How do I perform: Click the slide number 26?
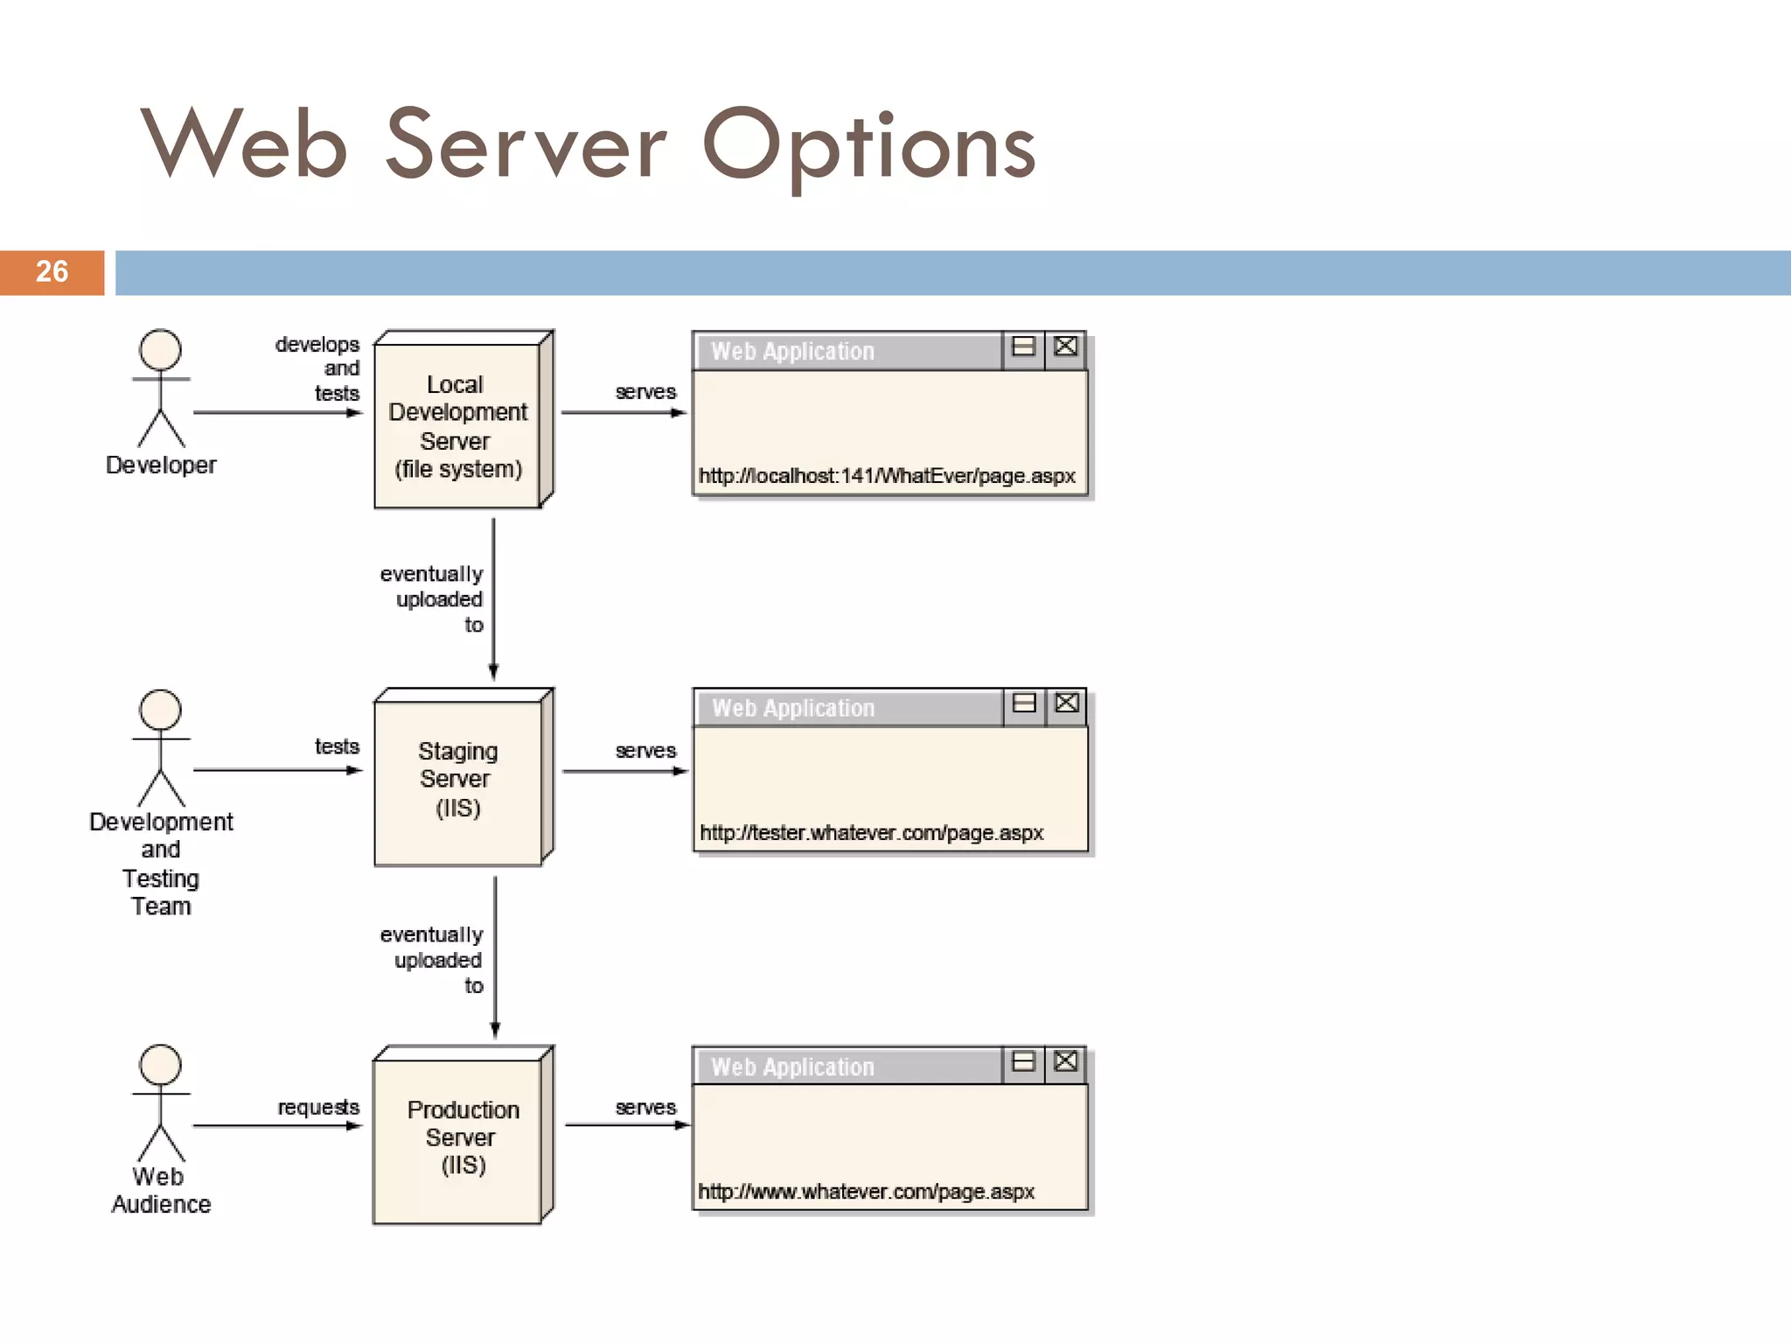tap(52, 271)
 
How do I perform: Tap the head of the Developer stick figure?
tap(161, 350)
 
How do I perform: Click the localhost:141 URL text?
tap(886, 476)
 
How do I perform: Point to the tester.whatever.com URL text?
tap(871, 833)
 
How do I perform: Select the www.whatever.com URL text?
tap(866, 1192)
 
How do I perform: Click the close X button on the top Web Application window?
tap(1065, 346)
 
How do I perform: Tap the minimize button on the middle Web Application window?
tap(1023, 703)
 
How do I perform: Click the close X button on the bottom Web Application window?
tap(1065, 1062)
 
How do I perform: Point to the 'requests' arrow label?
tap(318, 1108)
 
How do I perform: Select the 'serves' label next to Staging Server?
tap(645, 751)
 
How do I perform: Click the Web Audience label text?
tap(161, 1190)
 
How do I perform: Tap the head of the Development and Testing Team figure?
tap(161, 710)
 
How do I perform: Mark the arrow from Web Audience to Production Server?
tap(276, 1126)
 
